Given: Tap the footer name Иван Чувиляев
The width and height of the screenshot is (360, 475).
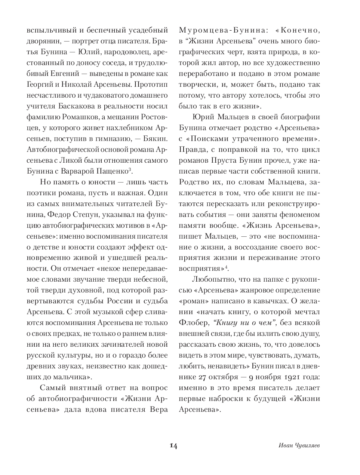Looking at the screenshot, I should point(299,446).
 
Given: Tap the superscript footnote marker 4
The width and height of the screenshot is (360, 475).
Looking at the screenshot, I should point(227,267).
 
